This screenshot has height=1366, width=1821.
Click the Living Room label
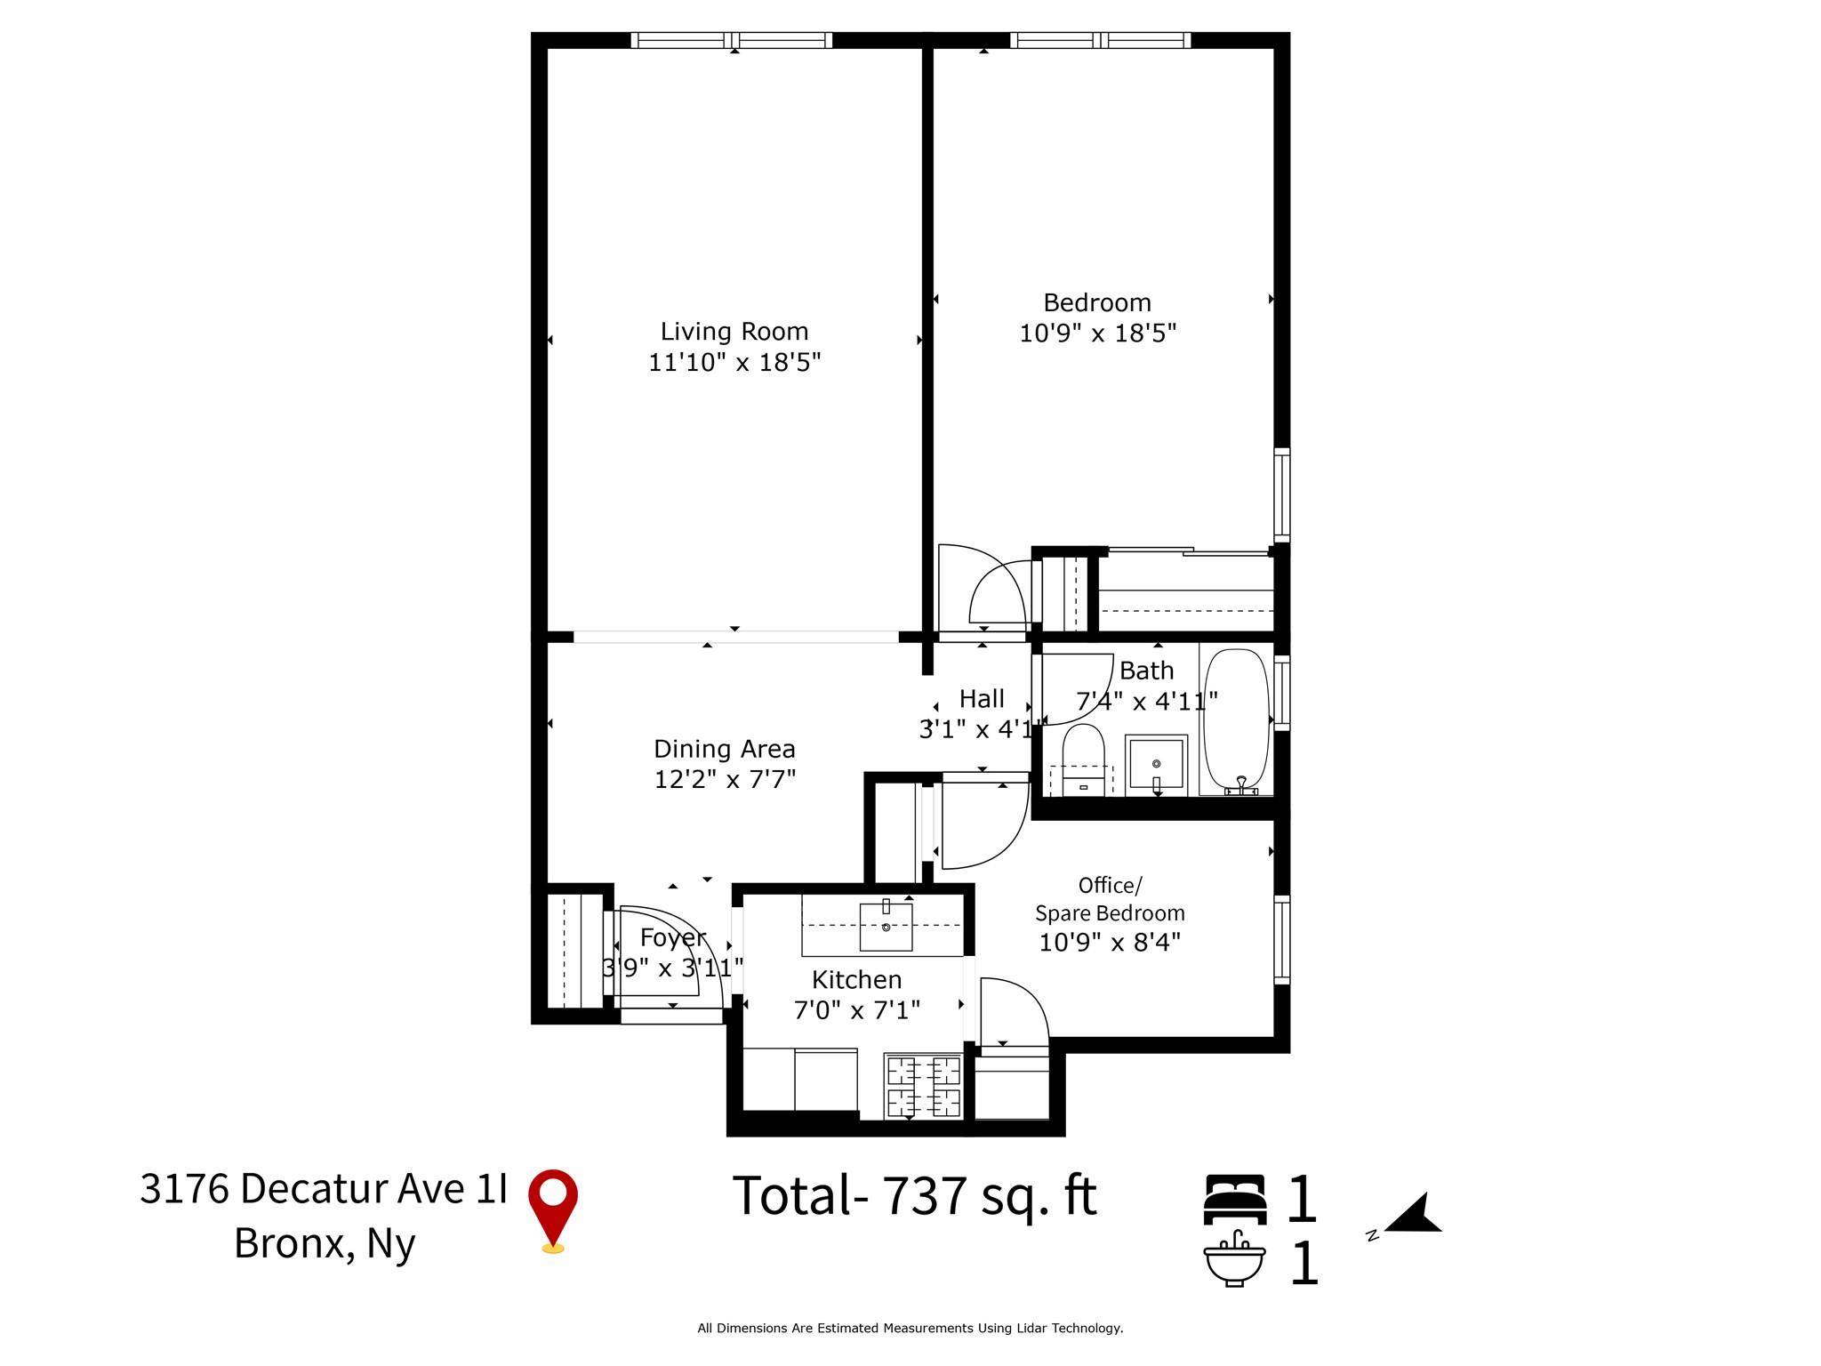pos(734,332)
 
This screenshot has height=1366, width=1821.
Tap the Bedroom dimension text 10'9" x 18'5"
pos(1097,333)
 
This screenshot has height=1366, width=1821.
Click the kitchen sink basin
pos(886,926)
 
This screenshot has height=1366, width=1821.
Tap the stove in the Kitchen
pos(924,1086)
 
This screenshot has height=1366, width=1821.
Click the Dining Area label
pos(724,749)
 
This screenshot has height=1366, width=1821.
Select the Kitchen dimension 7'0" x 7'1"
pos(856,1009)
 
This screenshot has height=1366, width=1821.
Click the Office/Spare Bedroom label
pos(1110,899)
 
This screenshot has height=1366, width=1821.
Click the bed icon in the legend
pos(1235,1199)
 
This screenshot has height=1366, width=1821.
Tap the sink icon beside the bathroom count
pos(1235,1258)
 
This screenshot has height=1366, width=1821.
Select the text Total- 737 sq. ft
pos(914,1196)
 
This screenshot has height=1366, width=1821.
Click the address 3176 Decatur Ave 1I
pos(324,1189)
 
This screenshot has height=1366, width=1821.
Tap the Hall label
pos(982,699)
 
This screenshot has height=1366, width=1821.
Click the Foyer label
pos(673,937)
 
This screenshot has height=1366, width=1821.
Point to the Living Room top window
pos(731,40)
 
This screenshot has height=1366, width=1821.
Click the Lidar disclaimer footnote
pos(910,1328)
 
